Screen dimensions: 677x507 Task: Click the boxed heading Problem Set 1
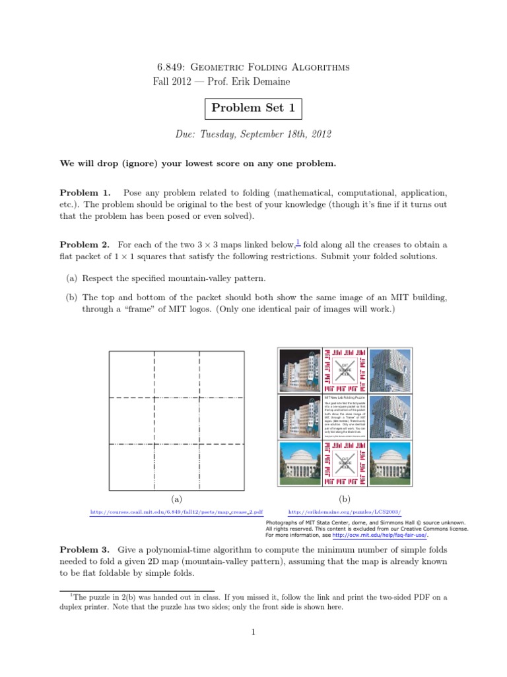pyautogui.click(x=253, y=108)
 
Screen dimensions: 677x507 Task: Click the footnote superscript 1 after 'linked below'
pyautogui.click(x=298, y=242)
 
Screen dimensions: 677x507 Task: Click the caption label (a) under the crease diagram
pyautogui.click(x=176, y=499)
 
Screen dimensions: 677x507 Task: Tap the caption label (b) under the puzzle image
pyautogui.click(x=345, y=499)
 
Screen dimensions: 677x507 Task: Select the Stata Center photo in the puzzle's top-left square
pyautogui.click(x=299, y=370)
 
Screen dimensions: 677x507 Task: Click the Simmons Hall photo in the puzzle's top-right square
pyautogui.click(x=389, y=370)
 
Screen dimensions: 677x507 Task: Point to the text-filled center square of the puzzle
pyautogui.click(x=345, y=417)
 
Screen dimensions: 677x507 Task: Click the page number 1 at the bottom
pyautogui.click(x=253, y=632)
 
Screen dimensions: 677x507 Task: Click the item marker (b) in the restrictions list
pyautogui.click(x=73, y=298)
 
